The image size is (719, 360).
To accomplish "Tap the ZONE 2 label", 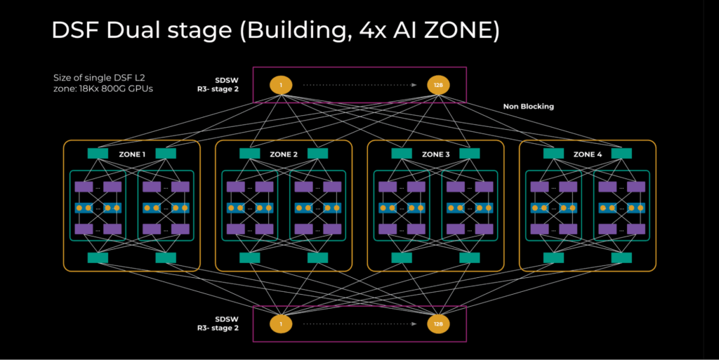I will tap(283, 154).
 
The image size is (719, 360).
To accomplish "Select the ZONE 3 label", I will tap(435, 154).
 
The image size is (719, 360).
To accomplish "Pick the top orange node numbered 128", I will tap(438, 86).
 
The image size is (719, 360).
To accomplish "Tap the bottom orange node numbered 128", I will tap(438, 324).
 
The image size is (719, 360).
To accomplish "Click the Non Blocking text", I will tap(528, 107).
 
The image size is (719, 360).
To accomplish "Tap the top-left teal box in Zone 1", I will tap(98, 154).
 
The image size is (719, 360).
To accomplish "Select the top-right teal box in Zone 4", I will tap(621, 154).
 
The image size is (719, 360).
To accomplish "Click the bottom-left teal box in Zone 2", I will tap(250, 258).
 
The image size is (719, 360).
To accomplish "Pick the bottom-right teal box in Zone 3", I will tap(469, 258).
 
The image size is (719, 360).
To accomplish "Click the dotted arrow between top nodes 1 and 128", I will tap(358, 86).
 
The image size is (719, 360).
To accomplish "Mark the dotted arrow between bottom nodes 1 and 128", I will tap(358, 324).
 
